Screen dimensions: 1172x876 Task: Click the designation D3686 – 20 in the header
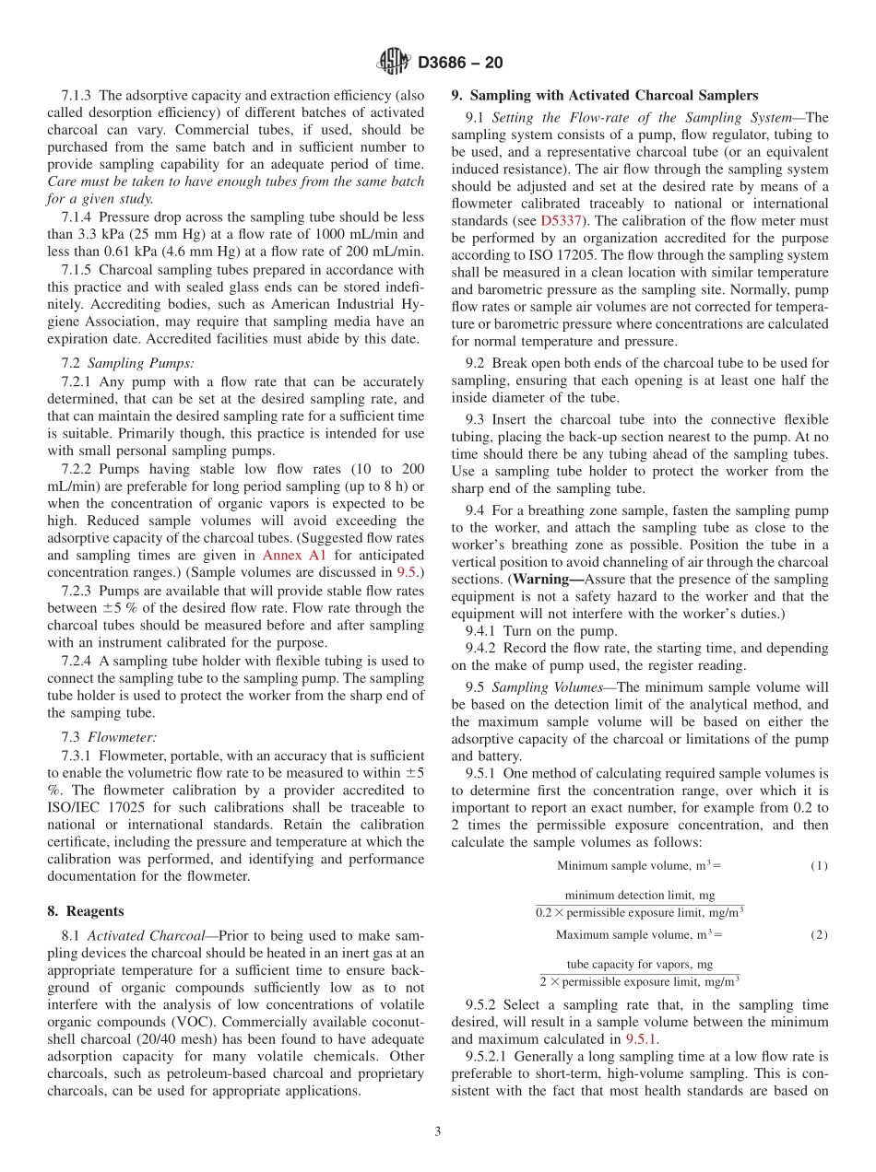tap(460, 64)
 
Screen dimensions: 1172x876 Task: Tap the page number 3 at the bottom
tap(438, 1131)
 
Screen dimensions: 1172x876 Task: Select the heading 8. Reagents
tap(85, 911)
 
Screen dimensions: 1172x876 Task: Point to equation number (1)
tap(819, 866)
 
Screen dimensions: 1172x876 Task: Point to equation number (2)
tap(819, 935)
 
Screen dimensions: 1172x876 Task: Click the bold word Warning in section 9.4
tap(543, 580)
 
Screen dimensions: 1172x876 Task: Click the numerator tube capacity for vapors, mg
tap(639, 965)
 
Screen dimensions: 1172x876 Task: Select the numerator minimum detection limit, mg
tap(639, 896)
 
